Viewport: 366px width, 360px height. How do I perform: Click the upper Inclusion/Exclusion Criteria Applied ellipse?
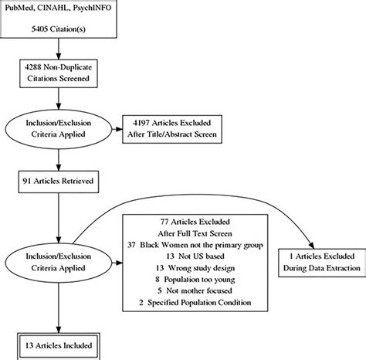click(x=59, y=127)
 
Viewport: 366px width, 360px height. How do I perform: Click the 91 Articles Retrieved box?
click(x=59, y=184)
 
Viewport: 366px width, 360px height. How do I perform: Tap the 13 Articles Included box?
click(x=59, y=345)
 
